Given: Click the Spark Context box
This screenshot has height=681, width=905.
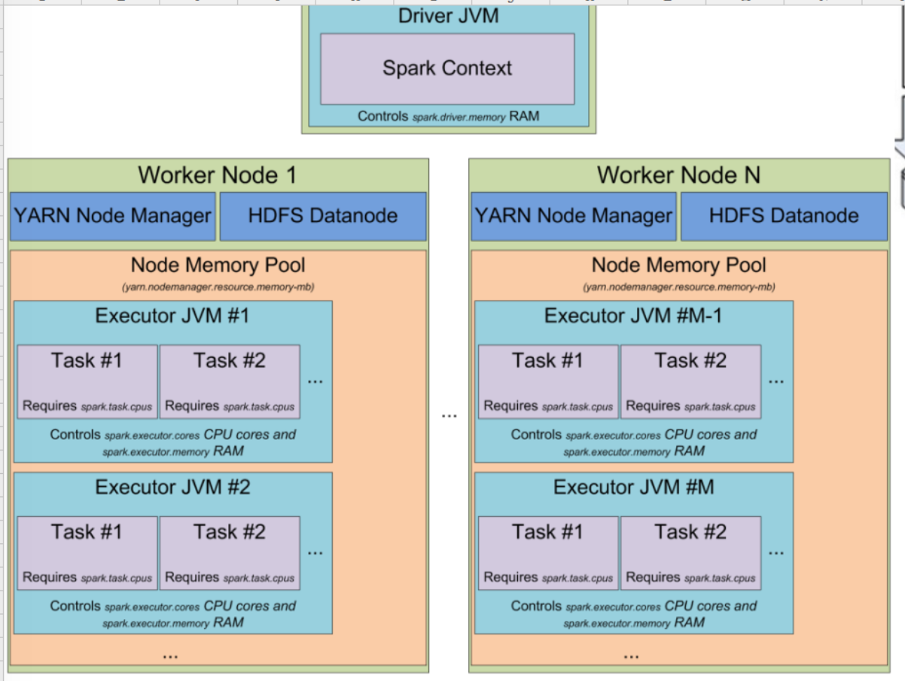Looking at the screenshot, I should pos(447,69).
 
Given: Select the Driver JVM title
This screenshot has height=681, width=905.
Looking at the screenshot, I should pos(448,15).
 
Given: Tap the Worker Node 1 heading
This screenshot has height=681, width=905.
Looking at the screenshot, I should pos(218,176).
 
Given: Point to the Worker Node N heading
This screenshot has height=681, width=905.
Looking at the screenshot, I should pos(678,176).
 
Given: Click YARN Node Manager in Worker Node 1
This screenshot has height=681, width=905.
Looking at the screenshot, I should pos(113,216).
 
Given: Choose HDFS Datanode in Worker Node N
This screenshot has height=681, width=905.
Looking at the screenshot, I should pos(784,216).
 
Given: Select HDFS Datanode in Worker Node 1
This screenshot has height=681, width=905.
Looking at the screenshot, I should pos(323,216).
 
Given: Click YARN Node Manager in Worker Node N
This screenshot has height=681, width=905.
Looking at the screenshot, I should pos(574,216).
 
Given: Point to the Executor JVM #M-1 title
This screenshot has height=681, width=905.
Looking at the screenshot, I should pos(632,316).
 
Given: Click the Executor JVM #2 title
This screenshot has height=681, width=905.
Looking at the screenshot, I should pos(172,487).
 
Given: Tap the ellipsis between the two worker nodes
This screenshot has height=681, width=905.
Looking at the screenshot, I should pos(449,416).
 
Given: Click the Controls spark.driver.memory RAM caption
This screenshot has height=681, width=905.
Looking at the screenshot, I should pos(448,117).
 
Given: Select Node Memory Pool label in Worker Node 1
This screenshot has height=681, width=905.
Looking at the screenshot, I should pos(218,265).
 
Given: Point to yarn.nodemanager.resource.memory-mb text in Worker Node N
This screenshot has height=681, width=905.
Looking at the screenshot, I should pos(678,287).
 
